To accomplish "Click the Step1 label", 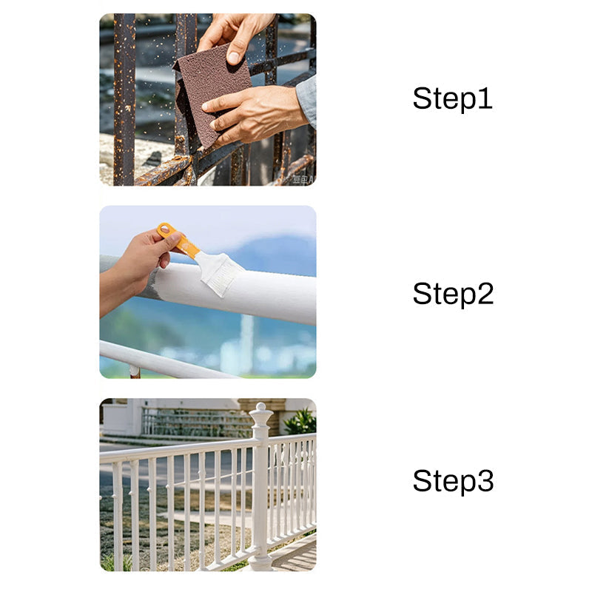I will point(452,98).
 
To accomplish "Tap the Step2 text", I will point(452,294).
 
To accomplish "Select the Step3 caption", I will point(452,481).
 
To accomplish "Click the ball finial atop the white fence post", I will point(259,408).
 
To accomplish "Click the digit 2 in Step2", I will point(485,294).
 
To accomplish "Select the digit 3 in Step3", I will point(485,481).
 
